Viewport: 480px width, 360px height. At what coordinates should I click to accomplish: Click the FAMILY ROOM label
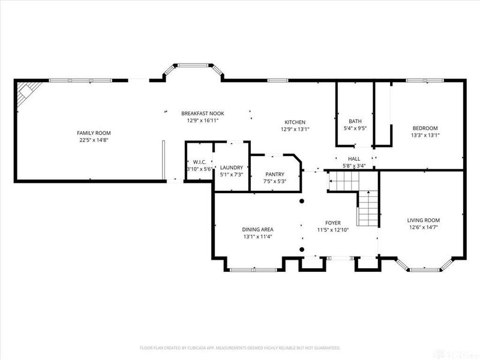point(94,133)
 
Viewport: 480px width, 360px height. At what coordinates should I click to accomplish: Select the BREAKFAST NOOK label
point(203,113)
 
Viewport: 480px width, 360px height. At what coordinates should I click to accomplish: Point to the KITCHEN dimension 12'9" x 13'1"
point(295,129)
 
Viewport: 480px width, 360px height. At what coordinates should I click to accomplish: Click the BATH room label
point(355,121)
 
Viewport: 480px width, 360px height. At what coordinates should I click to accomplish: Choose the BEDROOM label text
point(424,128)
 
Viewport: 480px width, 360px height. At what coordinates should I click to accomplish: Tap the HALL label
point(354,158)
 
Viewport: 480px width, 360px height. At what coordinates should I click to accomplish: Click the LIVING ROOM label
point(424,220)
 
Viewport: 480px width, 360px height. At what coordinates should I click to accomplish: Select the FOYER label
point(333,222)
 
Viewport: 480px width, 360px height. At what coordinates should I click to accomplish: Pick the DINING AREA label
point(258,229)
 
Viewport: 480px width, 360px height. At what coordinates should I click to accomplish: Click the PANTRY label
point(275,174)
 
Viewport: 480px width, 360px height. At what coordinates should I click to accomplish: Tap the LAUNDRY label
point(231,167)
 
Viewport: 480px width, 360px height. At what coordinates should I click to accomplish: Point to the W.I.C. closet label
point(199,162)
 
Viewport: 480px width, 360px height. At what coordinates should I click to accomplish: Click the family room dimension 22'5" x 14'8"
point(94,140)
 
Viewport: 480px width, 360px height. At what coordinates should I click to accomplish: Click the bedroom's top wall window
point(424,80)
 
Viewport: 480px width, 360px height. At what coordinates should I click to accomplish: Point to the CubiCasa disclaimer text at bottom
point(240,347)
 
